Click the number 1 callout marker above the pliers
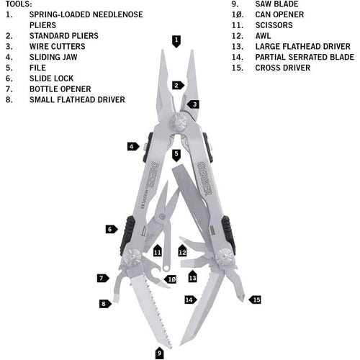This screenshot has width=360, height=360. coord(176,41)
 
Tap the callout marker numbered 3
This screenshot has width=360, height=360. coord(194,104)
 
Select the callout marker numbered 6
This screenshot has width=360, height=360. coord(112,229)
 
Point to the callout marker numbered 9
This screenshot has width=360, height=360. coord(159,353)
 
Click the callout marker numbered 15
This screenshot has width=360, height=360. coord(255,300)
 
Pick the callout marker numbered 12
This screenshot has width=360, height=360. coord(182,251)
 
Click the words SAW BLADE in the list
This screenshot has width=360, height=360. coord(276,4)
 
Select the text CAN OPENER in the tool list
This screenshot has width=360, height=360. coord(279,14)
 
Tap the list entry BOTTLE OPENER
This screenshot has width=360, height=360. coord(60,89)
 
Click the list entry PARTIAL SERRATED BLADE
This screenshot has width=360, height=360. coord(305,57)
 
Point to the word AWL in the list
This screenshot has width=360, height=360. coord(263,36)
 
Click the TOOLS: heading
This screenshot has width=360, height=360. coord(19,4)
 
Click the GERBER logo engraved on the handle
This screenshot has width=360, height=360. coord(204,179)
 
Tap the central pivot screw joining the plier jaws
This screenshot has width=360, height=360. coord(178,122)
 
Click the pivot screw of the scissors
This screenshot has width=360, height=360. coord(162,217)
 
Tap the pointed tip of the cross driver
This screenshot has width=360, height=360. coord(243,300)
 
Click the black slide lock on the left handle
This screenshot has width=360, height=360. coord(127,235)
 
